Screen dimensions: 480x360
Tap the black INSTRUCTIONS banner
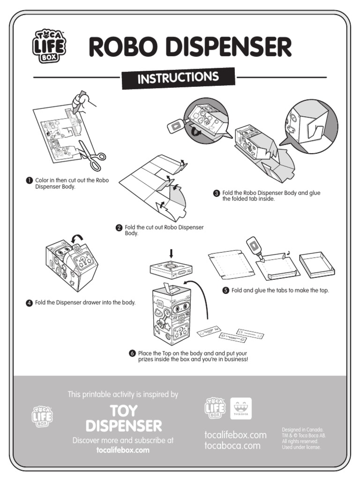[178, 78]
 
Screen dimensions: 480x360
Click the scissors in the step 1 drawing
[90, 155]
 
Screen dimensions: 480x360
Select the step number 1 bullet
[29, 180]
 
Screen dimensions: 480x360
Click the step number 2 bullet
[119, 227]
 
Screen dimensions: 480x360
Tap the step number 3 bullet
[217, 193]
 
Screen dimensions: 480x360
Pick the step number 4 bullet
[29, 303]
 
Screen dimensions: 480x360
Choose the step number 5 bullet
[225, 291]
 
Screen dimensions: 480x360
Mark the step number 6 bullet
[132, 353]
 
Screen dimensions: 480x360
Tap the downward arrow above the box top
[171, 254]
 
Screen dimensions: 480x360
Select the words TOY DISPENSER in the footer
[124, 418]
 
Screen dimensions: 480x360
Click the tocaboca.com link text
[232, 446]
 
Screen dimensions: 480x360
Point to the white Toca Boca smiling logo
[241, 408]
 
